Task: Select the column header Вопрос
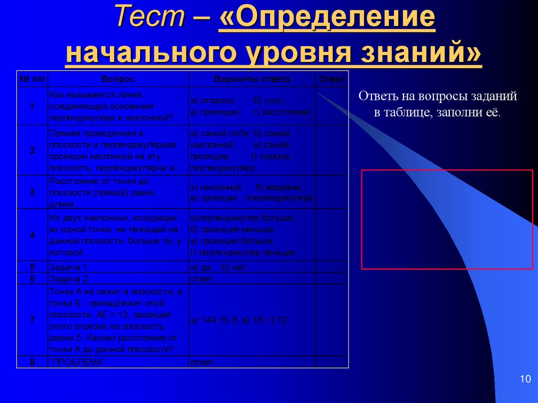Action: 118,79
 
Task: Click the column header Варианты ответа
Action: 252,79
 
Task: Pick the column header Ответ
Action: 332,79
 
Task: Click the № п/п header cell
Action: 33,79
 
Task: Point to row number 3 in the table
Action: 33,192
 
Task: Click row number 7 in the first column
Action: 33,320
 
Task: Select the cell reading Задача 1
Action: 69,267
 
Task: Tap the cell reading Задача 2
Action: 69,278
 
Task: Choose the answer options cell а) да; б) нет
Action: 219,267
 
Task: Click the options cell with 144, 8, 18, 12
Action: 239,320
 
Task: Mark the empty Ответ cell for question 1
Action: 332,106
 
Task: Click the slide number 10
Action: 525,379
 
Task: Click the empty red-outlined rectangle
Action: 447,219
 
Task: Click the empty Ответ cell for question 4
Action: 332,235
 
